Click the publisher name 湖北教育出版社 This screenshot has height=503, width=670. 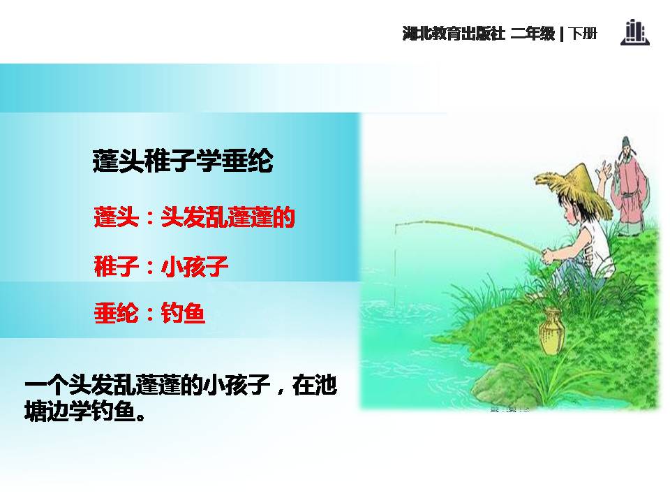point(454,34)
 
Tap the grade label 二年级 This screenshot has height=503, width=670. point(533,34)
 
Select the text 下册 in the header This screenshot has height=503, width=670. point(583,34)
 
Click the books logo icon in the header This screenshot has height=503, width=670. point(634,33)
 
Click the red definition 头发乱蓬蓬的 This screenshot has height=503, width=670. point(228,218)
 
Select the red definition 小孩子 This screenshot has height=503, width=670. point(195,266)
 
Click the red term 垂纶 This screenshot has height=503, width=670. point(115,313)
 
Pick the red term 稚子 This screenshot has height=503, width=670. point(115,266)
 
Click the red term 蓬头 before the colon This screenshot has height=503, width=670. point(115,218)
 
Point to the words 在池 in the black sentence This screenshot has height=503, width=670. point(315,386)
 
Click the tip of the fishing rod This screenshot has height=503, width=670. point(396,226)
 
